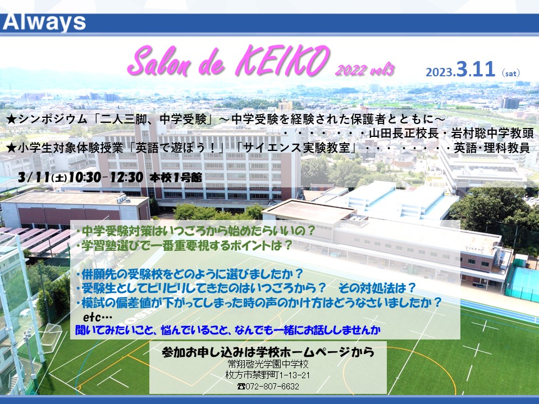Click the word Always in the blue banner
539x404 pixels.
44,22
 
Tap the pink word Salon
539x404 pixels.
158,62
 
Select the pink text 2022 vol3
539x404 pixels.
365,70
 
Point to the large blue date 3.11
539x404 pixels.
476,69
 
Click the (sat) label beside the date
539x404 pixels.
511,73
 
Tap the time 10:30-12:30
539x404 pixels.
106,177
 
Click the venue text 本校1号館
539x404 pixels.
176,178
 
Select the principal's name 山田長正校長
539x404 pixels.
404,134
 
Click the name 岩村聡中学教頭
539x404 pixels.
492,134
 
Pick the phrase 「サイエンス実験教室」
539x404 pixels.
298,148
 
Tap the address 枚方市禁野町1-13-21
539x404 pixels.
268,375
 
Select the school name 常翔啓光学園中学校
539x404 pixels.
268,364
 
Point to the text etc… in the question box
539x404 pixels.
98,316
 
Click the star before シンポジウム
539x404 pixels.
12,120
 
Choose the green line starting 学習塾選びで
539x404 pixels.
184,245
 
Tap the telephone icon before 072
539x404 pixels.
241,387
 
